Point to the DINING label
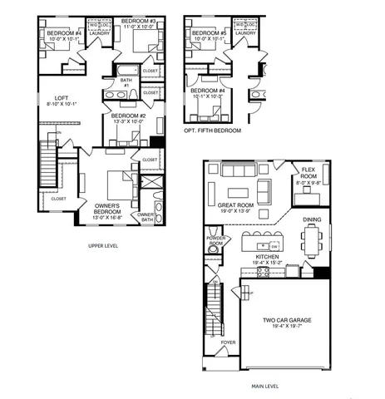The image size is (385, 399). (312, 219)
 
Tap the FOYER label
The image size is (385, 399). (227, 342)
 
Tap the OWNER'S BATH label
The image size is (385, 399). (146, 217)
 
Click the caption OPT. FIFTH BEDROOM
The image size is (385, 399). (212, 131)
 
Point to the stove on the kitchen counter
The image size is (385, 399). (264, 271)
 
